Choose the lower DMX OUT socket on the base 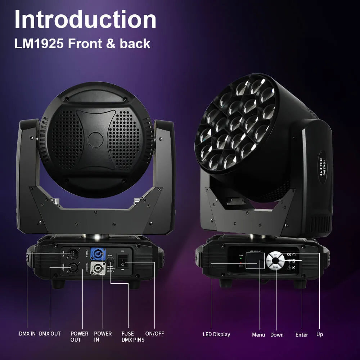pyautogui.click(x=73, y=267)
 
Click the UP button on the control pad pyautogui.click(x=275, y=255)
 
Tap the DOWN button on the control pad pyautogui.click(x=275, y=267)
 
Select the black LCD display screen pyautogui.click(x=252, y=261)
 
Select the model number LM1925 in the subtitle pyautogui.click(x=39, y=44)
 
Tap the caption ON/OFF pyautogui.click(x=154, y=334)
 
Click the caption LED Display pyautogui.click(x=216, y=334)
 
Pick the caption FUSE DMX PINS pyautogui.click(x=133, y=337)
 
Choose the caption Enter pyautogui.click(x=302, y=335)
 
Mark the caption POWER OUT pyautogui.click(x=79, y=337)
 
